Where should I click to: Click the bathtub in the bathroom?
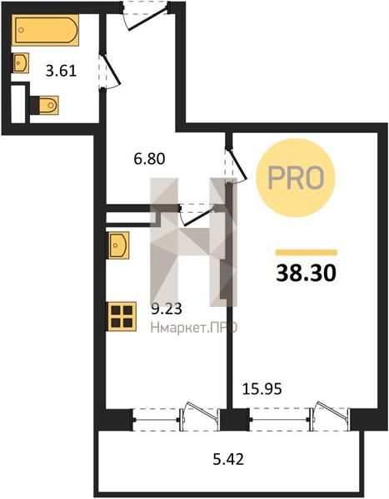point(45,30)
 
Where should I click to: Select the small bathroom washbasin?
point(21,62)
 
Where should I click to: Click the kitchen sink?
point(118,245)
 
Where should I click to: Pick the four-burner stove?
point(122,316)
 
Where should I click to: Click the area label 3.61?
point(61,71)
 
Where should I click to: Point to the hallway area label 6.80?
point(150,159)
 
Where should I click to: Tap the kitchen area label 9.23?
point(167,309)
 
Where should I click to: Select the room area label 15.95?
point(262,388)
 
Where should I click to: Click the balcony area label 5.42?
point(228,459)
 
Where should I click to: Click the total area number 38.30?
point(306,274)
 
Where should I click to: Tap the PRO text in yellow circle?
point(296,178)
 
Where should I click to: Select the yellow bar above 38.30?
point(307,252)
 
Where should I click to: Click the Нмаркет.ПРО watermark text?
point(194,328)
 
